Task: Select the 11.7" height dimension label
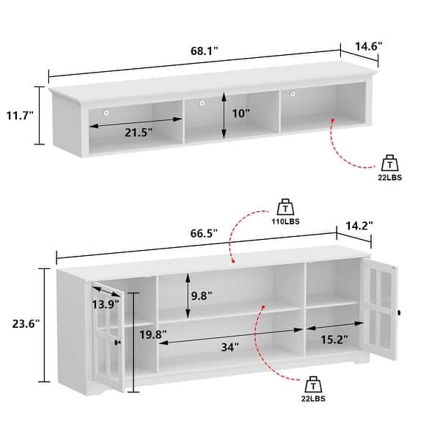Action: [20, 115]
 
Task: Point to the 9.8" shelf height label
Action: [202, 296]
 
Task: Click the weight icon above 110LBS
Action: [285, 206]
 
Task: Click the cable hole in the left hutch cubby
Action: [106, 112]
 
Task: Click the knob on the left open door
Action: [117, 342]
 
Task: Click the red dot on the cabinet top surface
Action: [232, 260]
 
